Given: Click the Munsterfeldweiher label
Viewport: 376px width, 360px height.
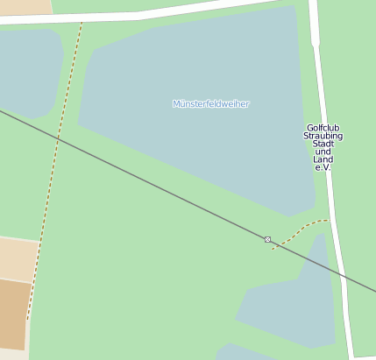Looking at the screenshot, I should click(211, 104).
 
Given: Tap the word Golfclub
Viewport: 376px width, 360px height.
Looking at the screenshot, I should click(323, 128).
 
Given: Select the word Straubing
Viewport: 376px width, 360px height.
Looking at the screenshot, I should click(323, 137).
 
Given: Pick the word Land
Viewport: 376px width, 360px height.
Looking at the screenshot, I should click(323, 159).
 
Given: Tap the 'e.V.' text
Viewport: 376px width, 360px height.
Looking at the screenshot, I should click(323, 167).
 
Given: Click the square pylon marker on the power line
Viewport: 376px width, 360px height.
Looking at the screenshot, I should click(267, 239).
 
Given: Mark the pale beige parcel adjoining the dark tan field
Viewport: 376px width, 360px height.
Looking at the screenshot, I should click(18, 258).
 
